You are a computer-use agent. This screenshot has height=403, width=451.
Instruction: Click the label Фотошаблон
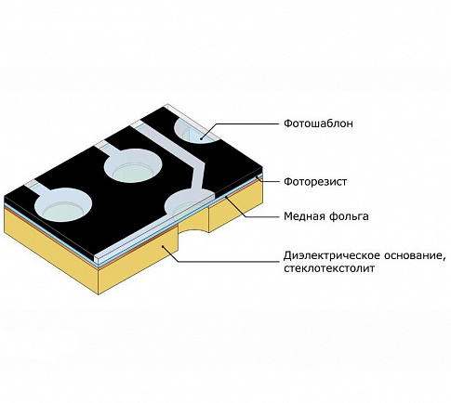[318, 123]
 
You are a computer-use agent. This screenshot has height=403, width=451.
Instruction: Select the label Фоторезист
[315, 182]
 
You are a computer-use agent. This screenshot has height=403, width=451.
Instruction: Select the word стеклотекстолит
[329, 268]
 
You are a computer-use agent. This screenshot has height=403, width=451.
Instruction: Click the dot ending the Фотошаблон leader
[202, 139]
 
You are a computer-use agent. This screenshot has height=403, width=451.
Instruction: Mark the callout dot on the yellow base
[164, 246]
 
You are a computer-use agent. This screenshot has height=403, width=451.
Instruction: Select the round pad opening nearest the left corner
[64, 205]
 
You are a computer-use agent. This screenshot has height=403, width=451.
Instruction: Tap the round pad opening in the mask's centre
[133, 165]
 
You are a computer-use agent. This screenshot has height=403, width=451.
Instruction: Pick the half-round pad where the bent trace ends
[189, 202]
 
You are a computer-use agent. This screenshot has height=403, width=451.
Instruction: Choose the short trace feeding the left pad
[39, 188]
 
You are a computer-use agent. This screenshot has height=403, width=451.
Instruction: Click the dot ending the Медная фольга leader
[227, 196]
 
